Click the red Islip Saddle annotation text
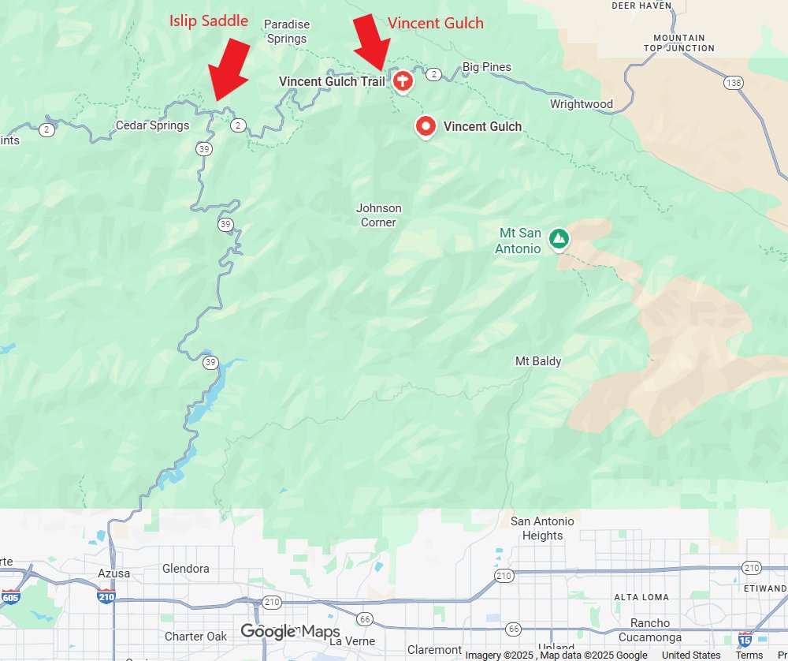point(209,21)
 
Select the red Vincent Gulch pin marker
point(426,126)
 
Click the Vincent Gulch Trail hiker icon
point(402,80)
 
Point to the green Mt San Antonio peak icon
point(559,237)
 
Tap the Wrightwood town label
point(582,104)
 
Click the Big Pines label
point(486,67)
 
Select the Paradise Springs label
point(286,32)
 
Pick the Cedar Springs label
point(152,125)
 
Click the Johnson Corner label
point(379,215)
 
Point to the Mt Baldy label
point(538,361)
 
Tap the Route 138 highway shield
point(734,82)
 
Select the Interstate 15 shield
point(745,638)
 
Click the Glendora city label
point(186,569)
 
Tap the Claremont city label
point(435,650)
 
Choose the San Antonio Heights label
point(542,528)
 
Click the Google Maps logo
point(290,632)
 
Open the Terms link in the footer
point(749,655)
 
